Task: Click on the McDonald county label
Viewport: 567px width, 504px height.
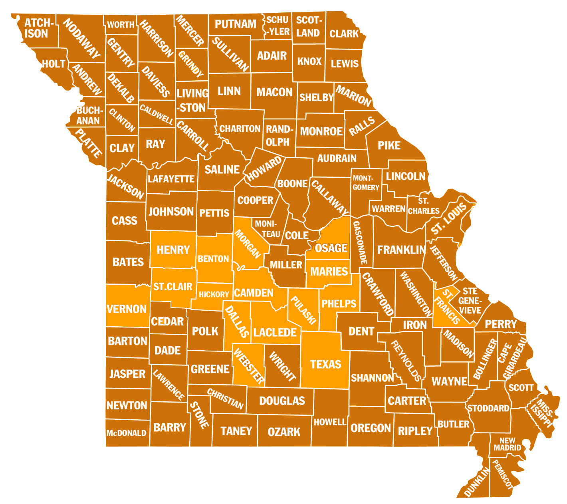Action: click(x=126, y=433)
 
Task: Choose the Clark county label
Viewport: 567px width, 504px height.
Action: click(x=344, y=34)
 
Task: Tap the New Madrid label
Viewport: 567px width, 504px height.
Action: click(x=507, y=444)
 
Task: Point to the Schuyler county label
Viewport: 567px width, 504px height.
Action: click(x=278, y=26)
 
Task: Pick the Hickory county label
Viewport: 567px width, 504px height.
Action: click(x=214, y=294)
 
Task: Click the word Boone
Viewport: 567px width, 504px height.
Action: click(x=292, y=184)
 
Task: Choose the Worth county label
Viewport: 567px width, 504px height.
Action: click(x=121, y=25)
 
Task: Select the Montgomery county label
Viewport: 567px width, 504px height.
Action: click(x=365, y=183)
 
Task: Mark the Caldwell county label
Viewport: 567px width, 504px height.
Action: click(x=156, y=115)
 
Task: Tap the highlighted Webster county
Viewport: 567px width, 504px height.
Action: click(x=248, y=365)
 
